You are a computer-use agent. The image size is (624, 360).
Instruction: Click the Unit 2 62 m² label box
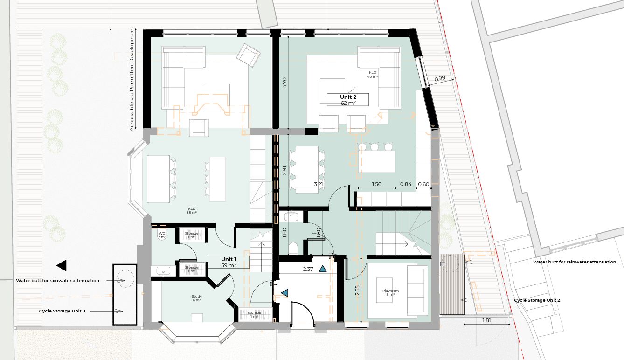(347, 100)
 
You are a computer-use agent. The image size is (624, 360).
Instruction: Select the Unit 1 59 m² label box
(229, 262)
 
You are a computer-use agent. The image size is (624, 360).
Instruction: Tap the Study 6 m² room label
(197, 298)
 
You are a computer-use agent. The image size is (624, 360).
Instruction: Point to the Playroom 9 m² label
(390, 292)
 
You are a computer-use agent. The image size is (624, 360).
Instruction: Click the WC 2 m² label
(162, 235)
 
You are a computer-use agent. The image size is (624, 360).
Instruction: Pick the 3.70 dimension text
(284, 83)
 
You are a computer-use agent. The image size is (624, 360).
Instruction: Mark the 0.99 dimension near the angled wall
(440, 79)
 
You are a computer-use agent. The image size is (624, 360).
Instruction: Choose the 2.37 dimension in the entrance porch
(308, 269)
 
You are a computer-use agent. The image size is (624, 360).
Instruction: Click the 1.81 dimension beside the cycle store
(486, 320)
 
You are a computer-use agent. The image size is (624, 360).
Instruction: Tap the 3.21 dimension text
(318, 184)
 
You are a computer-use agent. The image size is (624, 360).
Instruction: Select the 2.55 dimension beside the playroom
(357, 290)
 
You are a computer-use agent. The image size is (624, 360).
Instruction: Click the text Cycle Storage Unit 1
(62, 311)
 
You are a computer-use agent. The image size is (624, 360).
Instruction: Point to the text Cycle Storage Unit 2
(537, 300)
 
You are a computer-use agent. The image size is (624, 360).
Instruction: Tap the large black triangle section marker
(62, 265)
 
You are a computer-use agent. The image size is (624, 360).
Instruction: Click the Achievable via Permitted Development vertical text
(132, 79)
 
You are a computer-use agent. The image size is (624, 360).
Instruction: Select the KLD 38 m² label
(192, 210)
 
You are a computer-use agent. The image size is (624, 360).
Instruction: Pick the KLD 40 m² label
(373, 75)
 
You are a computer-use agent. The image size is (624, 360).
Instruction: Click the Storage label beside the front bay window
(254, 314)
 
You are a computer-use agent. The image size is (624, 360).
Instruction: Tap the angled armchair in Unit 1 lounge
(248, 55)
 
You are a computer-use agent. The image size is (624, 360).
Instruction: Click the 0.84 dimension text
(406, 184)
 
